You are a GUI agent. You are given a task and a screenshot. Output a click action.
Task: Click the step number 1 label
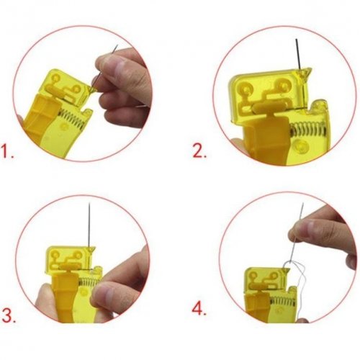[x=7, y=151]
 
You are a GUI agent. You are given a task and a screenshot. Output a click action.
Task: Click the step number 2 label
[x=199, y=151]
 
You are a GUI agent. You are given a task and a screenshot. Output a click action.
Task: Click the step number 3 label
[x=9, y=316]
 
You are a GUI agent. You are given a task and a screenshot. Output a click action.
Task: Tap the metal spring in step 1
[x=72, y=117]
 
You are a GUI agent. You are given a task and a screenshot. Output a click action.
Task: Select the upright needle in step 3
[x=89, y=225]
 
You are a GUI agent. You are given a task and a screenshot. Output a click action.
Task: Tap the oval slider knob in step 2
[x=266, y=107]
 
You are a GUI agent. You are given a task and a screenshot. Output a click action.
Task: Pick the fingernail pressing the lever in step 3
[x=100, y=294]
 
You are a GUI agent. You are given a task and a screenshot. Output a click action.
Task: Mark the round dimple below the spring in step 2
[x=301, y=145]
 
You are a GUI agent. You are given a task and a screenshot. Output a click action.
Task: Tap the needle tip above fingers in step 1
[x=116, y=46]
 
